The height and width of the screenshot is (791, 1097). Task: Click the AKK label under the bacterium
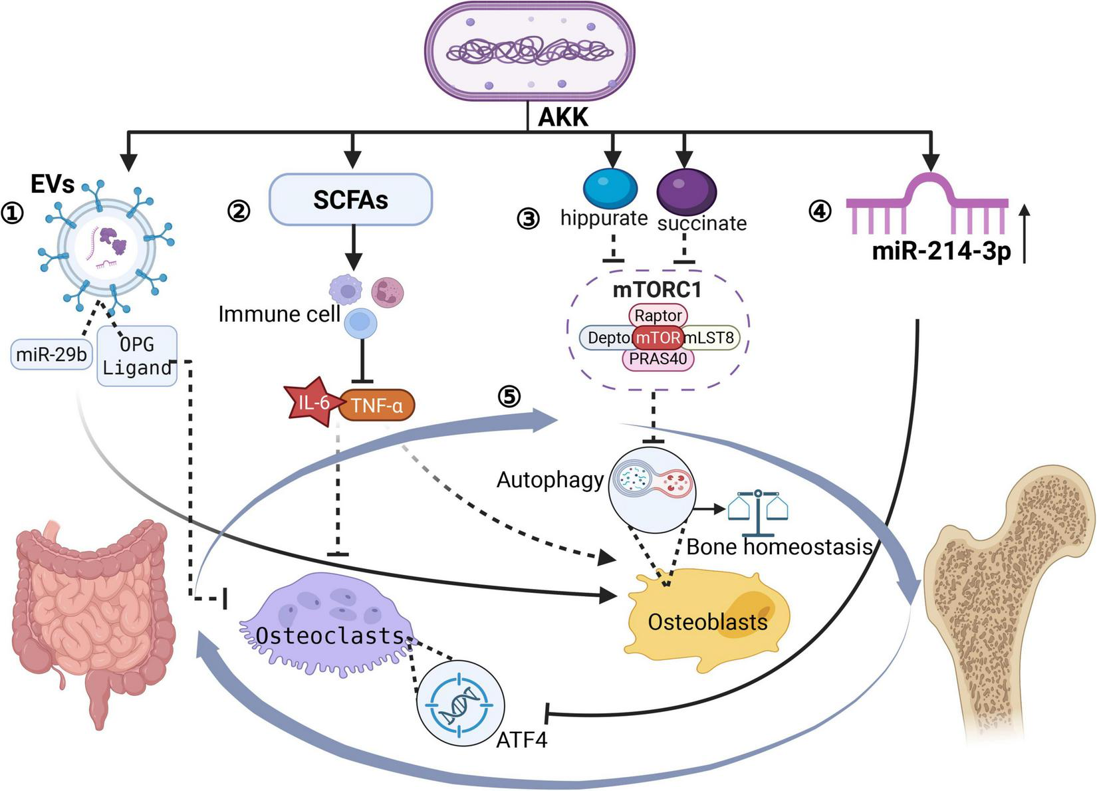coord(562,117)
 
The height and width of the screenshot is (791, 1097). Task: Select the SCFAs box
coord(350,199)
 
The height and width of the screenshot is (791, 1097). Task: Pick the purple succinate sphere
coord(686,191)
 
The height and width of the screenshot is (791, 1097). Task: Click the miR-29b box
coord(51,354)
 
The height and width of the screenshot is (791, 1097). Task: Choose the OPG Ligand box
coord(137,356)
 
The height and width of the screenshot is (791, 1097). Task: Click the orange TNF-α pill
coord(377,405)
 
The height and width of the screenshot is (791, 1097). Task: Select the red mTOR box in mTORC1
coord(658,338)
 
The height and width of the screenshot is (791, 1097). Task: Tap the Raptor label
coord(658,315)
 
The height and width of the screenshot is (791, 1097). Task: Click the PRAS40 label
coord(658,359)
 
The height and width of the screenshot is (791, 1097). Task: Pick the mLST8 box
coord(710,338)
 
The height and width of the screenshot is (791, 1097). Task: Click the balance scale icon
coord(758,513)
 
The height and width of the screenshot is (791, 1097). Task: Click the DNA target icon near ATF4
coord(460,703)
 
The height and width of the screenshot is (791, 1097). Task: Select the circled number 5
coord(509,397)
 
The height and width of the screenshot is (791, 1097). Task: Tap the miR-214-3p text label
coord(941,252)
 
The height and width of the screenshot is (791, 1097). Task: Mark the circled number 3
coord(529,218)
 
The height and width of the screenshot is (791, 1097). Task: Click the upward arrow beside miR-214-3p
coord(1025,233)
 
